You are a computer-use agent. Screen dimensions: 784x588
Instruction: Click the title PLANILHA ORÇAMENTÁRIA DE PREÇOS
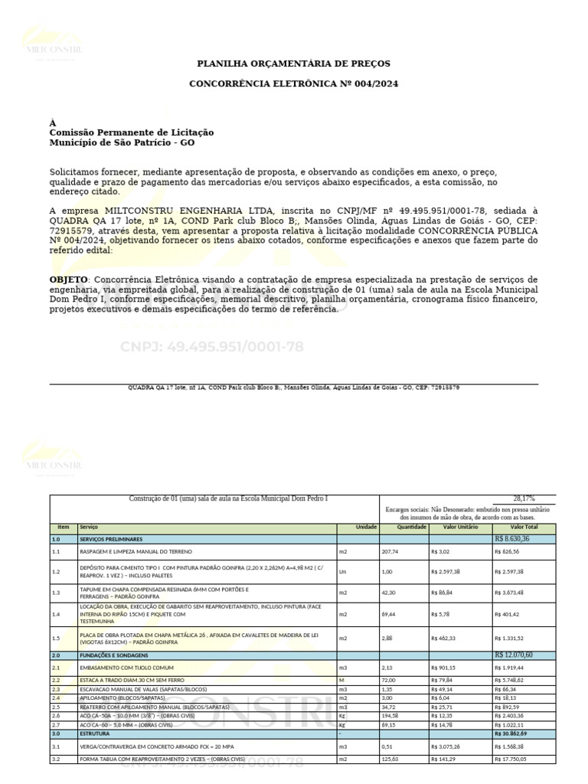(x=294, y=64)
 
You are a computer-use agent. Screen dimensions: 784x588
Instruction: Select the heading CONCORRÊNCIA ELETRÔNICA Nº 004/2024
(x=294, y=83)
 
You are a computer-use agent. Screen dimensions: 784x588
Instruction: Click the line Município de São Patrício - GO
(x=122, y=143)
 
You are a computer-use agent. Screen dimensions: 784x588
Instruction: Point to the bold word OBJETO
(x=69, y=279)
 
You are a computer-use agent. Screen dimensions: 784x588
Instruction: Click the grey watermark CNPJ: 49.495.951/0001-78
(x=211, y=347)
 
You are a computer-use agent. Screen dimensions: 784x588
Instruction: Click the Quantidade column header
(x=411, y=528)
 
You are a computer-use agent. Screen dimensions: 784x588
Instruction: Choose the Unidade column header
(x=367, y=528)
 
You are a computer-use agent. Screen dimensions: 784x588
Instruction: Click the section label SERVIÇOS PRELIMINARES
(x=111, y=539)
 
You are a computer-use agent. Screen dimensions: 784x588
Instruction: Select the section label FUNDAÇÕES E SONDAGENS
(x=114, y=655)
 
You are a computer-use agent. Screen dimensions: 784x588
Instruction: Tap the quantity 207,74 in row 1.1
(x=391, y=551)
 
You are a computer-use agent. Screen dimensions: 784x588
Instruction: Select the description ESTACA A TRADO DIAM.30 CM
(x=123, y=680)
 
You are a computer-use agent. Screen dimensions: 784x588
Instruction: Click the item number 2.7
(x=56, y=724)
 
